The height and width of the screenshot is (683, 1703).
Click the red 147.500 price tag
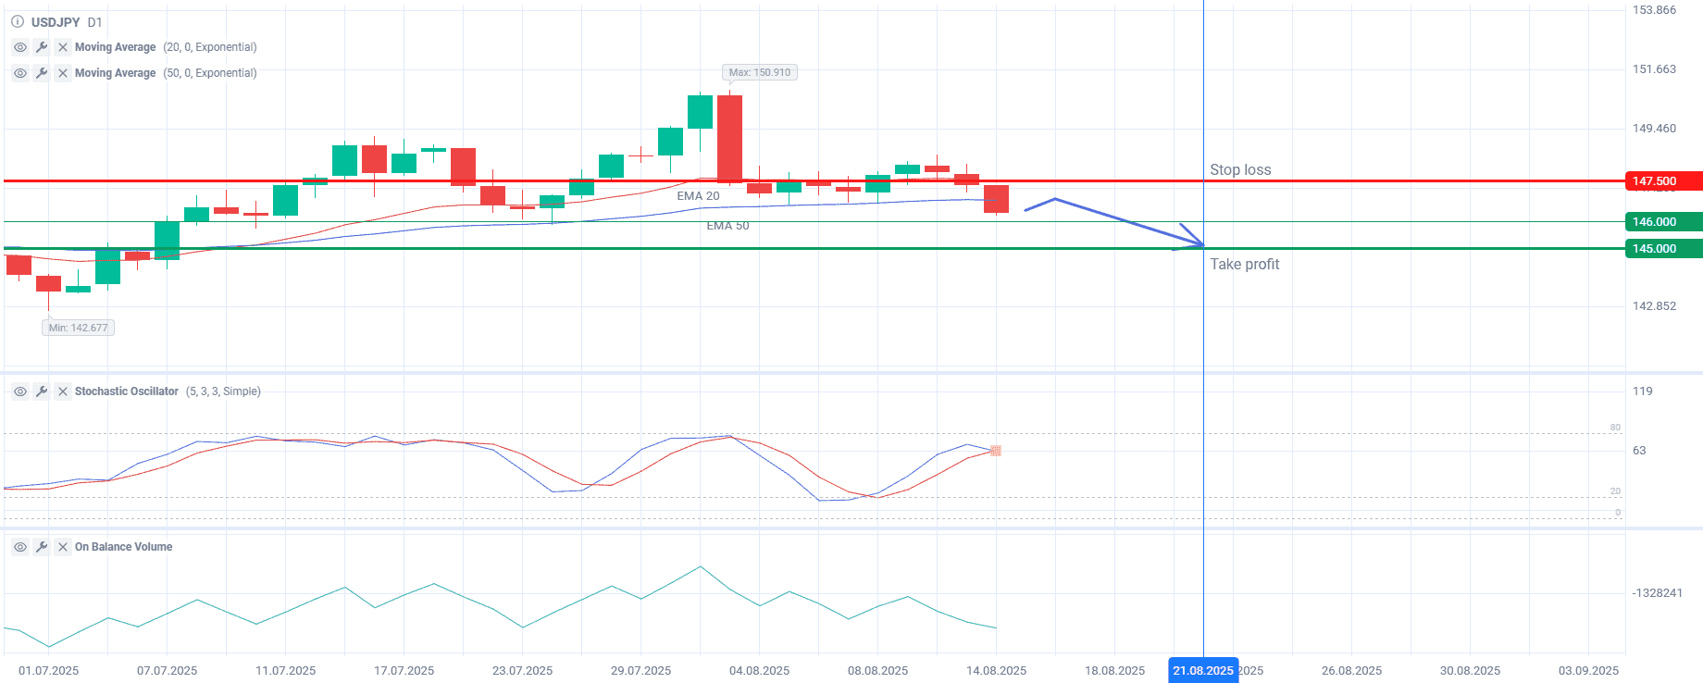point(1662,181)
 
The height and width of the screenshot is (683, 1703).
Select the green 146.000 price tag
point(1662,222)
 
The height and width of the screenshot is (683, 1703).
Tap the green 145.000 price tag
point(1662,249)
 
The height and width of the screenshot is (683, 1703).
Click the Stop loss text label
point(1240,170)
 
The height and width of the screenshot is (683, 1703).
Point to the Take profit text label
point(1244,265)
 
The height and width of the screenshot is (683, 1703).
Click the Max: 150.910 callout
point(759,72)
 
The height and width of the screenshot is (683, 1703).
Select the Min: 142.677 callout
point(79,328)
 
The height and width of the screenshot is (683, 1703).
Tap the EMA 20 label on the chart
point(698,196)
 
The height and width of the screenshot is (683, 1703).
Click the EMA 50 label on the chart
point(727,226)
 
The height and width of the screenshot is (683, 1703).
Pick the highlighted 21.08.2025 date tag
point(1202,671)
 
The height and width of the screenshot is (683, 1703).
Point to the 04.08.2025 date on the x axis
point(759,671)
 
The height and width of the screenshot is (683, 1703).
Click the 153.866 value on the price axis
point(1654,10)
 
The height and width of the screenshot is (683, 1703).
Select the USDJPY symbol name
point(56,22)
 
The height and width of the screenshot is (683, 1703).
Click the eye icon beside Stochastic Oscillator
point(20,391)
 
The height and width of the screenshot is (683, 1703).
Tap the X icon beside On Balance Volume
point(63,547)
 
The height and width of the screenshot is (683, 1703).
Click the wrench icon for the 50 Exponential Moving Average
point(42,73)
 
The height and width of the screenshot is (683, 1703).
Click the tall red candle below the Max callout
point(729,139)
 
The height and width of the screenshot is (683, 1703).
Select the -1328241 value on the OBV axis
point(1657,593)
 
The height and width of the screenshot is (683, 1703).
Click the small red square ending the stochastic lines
point(996,451)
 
